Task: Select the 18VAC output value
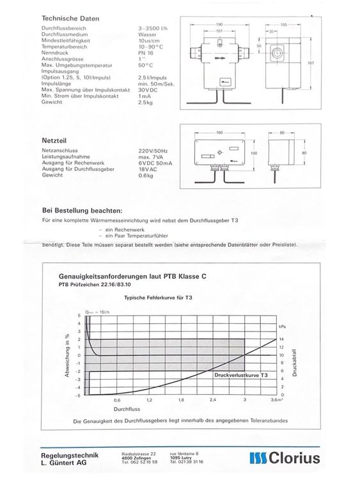point(148,169)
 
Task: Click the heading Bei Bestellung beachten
point(82,210)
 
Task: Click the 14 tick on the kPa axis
point(282,339)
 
